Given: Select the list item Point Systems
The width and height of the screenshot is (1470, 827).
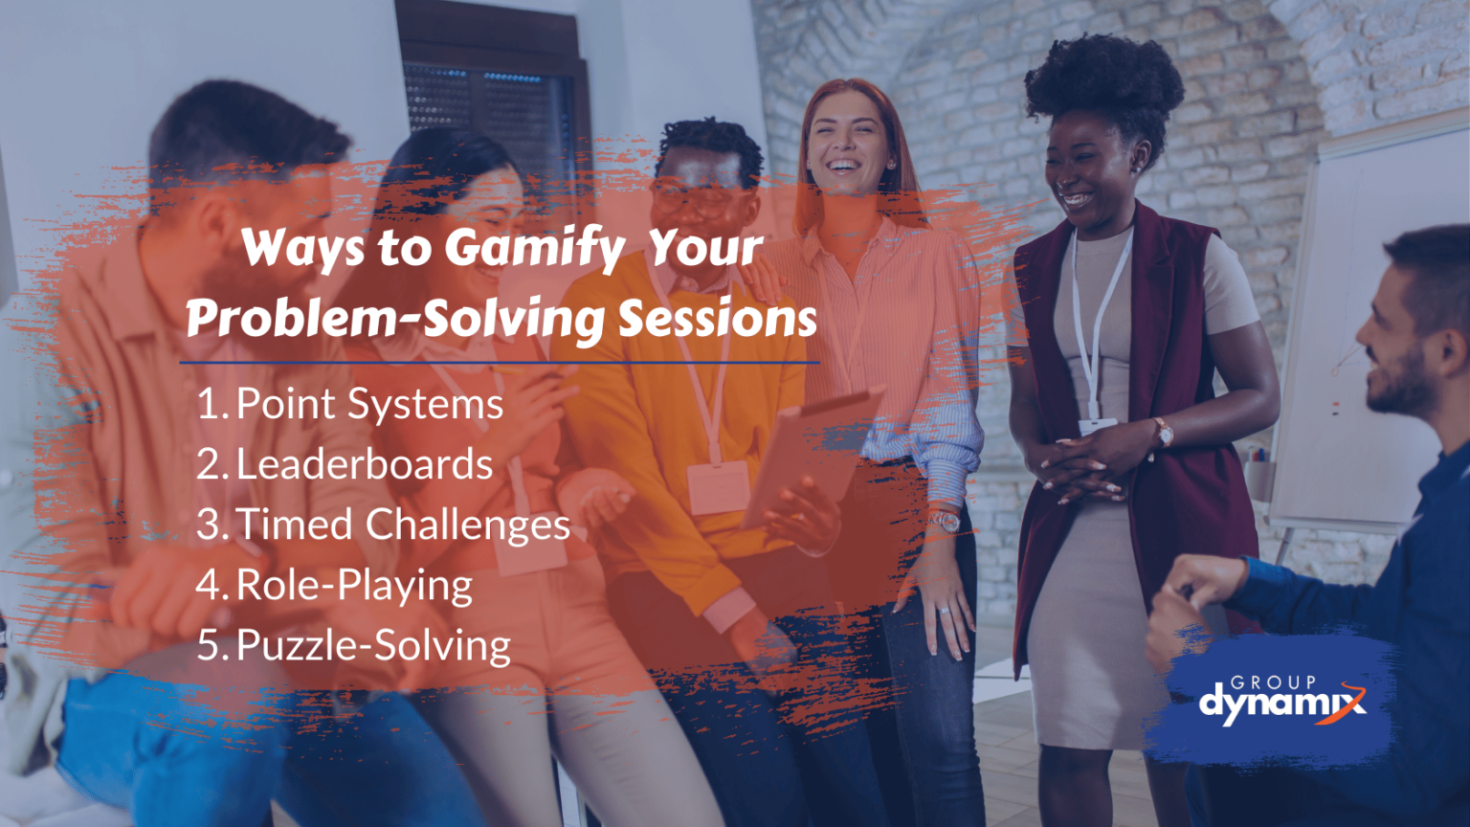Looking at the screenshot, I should [x=368, y=404].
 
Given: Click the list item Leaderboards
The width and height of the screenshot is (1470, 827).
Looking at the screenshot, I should [x=364, y=464].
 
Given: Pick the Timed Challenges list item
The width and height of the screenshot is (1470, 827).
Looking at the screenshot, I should [x=402, y=525].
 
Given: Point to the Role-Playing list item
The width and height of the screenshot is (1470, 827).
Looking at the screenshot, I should [x=353, y=585].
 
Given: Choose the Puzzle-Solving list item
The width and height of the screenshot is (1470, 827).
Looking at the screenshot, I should [x=373, y=645].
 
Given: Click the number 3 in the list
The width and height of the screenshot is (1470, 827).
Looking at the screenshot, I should [x=209, y=525].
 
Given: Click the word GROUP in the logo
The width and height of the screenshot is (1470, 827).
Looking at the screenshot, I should [x=1273, y=682].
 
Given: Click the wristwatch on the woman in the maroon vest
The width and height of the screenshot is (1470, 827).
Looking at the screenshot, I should [x=1163, y=434].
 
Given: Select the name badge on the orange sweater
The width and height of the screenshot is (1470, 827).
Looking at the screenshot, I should [x=717, y=485].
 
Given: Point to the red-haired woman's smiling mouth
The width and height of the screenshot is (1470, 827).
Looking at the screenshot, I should [x=842, y=165].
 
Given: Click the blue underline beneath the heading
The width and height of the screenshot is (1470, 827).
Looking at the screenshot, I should [x=499, y=363].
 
